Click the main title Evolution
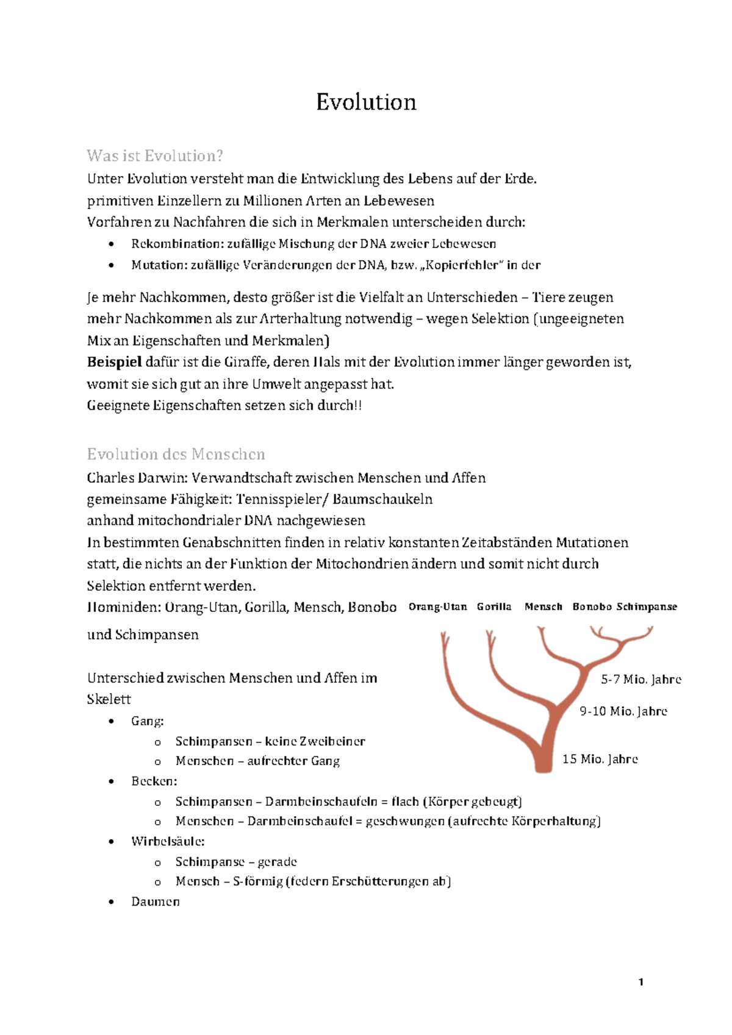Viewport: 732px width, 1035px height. (366, 102)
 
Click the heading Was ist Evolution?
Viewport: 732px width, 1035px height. (155, 156)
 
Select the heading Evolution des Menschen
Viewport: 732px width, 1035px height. (176, 454)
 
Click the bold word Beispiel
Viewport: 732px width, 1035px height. (115, 362)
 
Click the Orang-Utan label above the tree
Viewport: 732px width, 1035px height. (437, 607)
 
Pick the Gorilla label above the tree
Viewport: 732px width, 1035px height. (494, 607)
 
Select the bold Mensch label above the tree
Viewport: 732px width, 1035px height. (543, 607)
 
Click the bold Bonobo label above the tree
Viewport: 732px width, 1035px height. (592, 607)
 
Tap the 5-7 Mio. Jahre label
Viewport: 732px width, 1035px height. (640, 680)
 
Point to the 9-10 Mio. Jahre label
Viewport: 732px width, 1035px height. (623, 711)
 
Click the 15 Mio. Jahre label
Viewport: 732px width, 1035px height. (600, 759)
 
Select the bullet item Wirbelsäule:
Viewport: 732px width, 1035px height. (168, 842)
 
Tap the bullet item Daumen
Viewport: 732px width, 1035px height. (155, 902)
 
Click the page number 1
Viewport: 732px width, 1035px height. (640, 982)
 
